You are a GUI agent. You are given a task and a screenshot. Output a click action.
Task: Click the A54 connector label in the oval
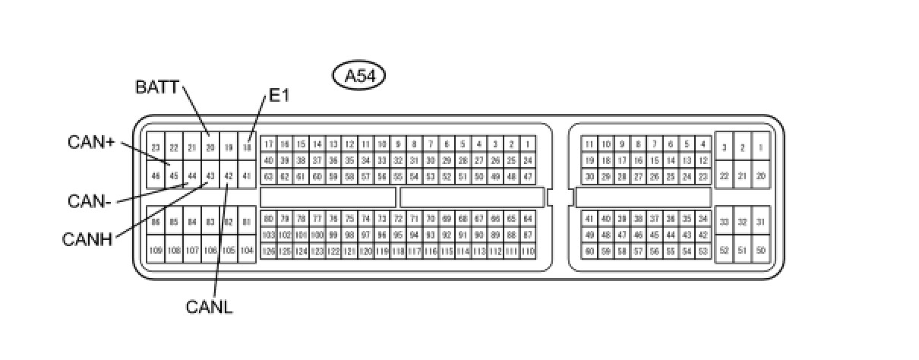pos(359,75)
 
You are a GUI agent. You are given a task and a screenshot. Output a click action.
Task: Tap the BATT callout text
pos(157,87)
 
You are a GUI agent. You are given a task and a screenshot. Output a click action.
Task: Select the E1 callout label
pos(279,96)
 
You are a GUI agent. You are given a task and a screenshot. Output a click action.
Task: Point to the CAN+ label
pos(90,142)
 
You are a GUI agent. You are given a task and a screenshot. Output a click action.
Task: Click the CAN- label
pos(90,201)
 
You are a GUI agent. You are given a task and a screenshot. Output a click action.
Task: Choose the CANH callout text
pos(87,240)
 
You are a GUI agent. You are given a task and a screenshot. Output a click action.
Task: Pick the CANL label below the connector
pos(209,307)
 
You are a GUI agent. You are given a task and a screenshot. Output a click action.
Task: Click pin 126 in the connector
pos(268,251)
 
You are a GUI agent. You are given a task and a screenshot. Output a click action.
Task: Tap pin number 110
pos(528,251)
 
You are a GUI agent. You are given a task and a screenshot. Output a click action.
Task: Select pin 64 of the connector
pos(528,219)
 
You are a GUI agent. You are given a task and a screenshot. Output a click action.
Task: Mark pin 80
pos(268,219)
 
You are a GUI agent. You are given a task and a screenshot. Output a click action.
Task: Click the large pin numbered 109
pos(156,250)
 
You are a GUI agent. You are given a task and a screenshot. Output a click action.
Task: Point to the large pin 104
pos(247,250)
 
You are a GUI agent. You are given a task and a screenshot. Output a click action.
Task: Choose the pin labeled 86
pos(156,222)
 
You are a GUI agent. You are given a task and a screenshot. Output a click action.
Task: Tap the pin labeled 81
pos(247,222)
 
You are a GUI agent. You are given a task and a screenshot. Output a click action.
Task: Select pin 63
pos(268,176)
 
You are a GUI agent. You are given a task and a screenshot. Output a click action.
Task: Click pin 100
pos(317,235)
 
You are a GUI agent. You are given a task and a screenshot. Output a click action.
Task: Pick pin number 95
pos(398,235)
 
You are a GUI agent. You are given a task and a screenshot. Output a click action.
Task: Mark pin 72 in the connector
pos(398,219)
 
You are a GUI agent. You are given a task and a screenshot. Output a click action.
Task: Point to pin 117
pos(414,251)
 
